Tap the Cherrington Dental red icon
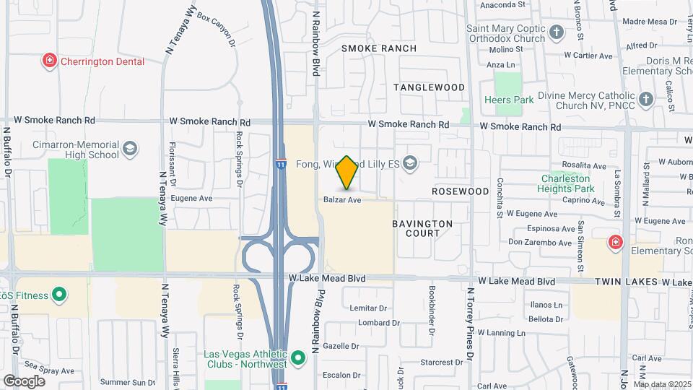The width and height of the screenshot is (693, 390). (x=50, y=61)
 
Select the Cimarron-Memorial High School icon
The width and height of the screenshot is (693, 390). (x=130, y=149)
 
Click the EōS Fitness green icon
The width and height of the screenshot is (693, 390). (x=59, y=295)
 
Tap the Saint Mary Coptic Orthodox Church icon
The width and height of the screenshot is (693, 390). (x=556, y=32)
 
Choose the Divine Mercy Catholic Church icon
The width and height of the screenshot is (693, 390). (x=645, y=99)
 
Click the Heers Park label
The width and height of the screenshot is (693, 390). (x=509, y=100)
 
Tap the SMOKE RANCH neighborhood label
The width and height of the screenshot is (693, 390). (x=379, y=48)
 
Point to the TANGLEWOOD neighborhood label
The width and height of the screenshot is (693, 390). (x=429, y=87)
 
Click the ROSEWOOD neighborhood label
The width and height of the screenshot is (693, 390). (x=461, y=191)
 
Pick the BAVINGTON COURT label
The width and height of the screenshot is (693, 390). (x=422, y=228)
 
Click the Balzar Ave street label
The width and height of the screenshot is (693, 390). (x=342, y=199)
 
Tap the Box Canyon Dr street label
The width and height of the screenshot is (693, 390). (x=216, y=28)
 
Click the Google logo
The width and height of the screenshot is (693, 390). (x=25, y=381)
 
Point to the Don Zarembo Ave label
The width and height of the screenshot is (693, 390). (x=541, y=242)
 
